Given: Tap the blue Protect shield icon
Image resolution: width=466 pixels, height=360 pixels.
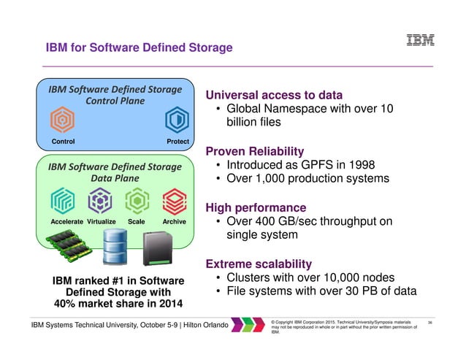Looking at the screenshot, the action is (176, 120).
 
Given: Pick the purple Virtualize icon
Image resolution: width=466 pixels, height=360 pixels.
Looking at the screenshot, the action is (99, 199).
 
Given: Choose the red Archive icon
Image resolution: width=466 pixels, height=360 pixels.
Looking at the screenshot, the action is (174, 199).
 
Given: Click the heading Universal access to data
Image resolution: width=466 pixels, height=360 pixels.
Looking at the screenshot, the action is (274, 95).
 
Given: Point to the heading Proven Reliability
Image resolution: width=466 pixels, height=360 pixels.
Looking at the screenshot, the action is (255, 151).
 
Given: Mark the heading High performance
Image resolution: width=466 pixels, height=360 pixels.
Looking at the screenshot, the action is (256, 207).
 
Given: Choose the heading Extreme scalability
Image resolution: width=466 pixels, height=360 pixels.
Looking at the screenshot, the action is (259, 263).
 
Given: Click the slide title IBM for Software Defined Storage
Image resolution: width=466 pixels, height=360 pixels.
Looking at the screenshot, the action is (139, 48).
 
